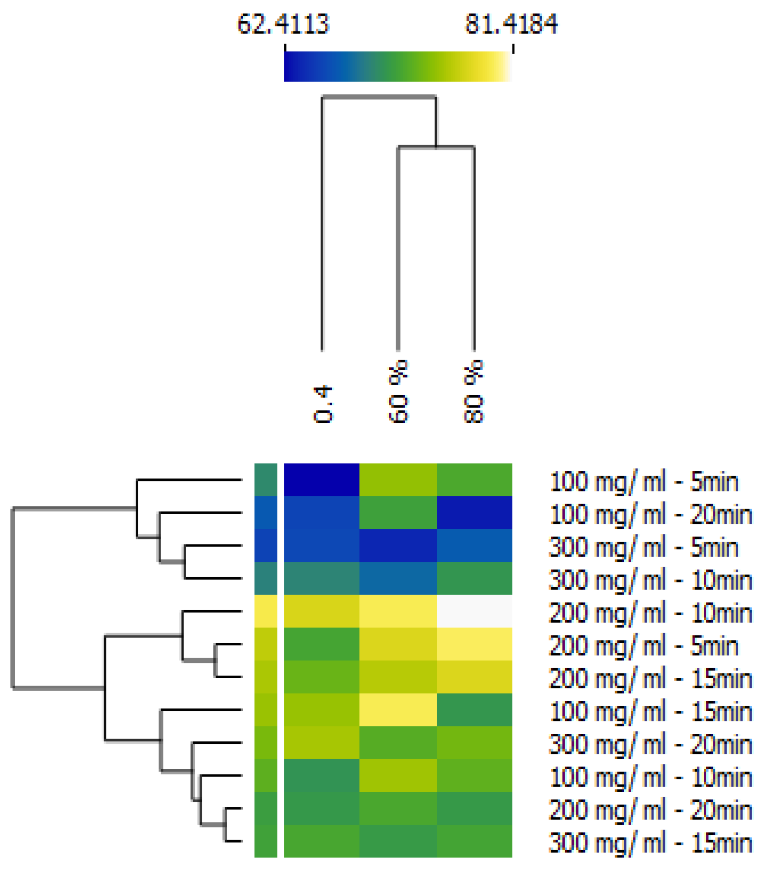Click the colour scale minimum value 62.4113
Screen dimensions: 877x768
coord(283,24)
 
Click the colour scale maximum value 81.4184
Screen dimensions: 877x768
coord(512,24)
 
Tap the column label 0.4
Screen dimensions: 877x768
coord(323,404)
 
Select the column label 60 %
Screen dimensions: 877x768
coord(398,391)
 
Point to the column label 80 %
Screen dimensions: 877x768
coord(474,391)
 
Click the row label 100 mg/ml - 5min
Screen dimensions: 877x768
coord(643,481)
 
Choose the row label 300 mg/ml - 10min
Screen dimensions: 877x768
coord(650,580)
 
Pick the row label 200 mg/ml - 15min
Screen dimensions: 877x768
coord(650,679)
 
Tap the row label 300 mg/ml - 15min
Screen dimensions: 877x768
coord(650,843)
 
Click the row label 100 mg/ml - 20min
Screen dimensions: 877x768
coord(650,514)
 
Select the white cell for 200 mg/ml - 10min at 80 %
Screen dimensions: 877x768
coord(474,611)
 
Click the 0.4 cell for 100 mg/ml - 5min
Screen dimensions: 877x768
coord(322,479)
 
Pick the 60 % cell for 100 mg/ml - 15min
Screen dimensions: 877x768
coord(398,709)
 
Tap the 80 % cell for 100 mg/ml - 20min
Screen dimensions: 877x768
coord(474,513)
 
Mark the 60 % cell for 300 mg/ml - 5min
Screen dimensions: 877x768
coord(398,545)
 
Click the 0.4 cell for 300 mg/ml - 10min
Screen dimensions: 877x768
coord(322,578)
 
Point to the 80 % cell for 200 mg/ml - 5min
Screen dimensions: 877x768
coord(474,644)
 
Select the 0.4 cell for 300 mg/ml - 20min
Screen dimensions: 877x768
coord(322,742)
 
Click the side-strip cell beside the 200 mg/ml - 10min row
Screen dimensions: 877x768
coord(266,611)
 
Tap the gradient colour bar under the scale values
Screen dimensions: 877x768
coord(398,66)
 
